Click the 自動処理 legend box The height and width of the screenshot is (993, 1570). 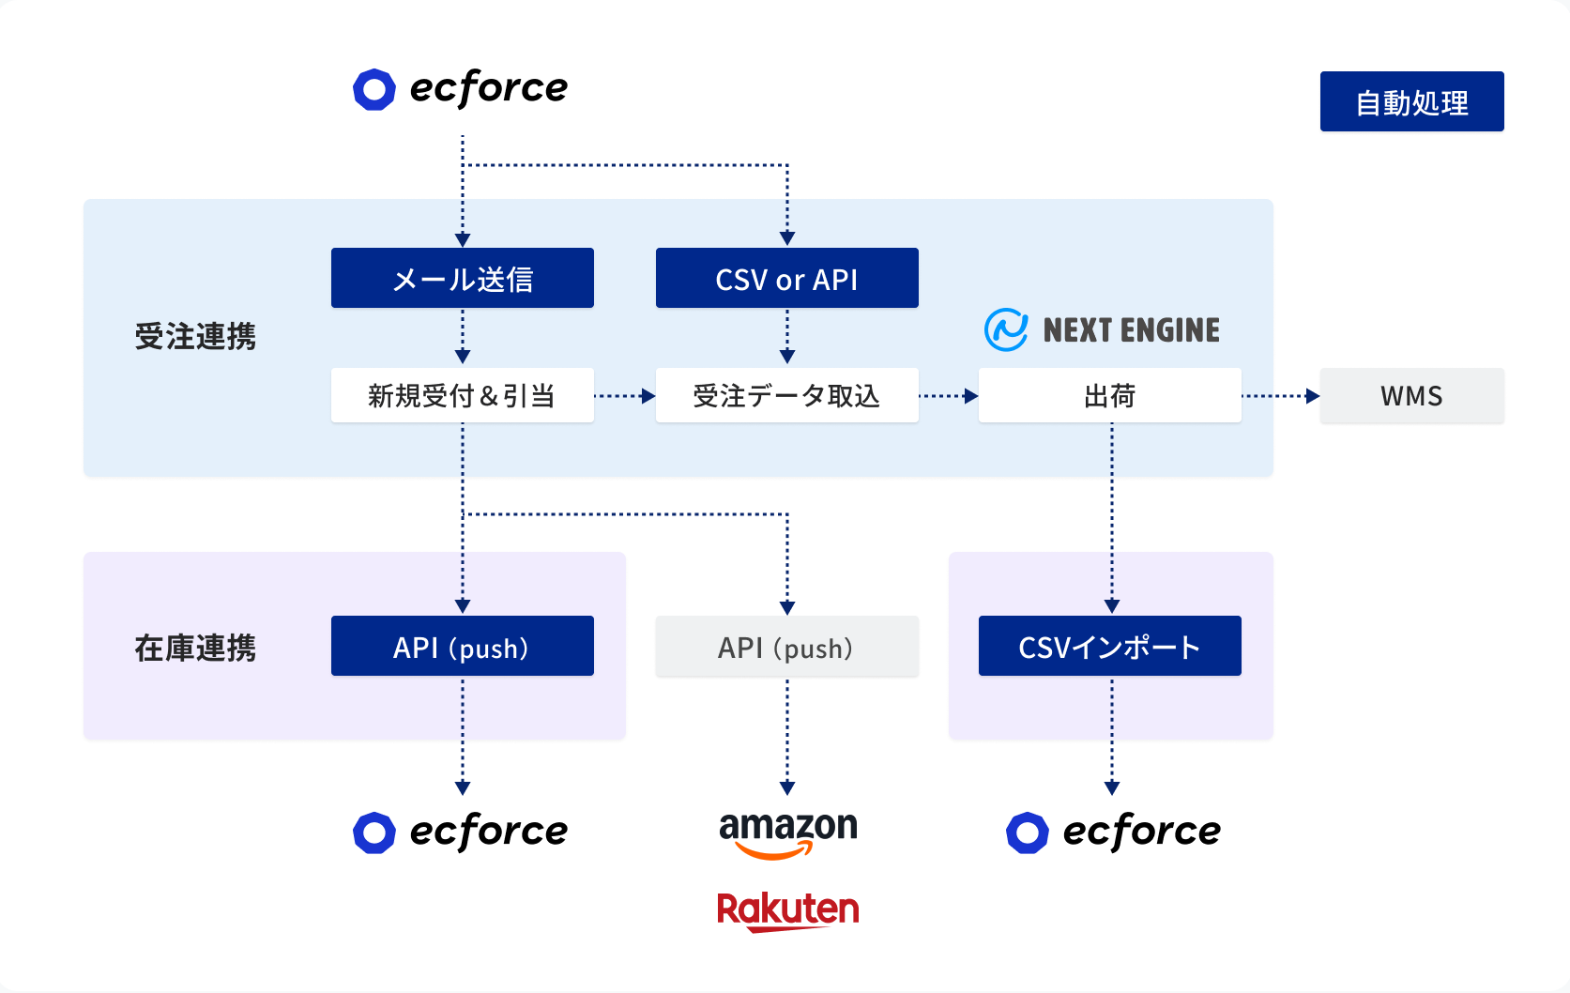[1411, 101]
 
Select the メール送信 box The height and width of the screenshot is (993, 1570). [463, 278]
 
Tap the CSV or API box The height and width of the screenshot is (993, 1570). [787, 278]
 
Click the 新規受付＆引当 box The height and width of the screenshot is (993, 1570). [463, 395]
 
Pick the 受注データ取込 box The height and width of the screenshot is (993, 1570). [787, 395]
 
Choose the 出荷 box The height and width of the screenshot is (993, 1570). [1110, 395]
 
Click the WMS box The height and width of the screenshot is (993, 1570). [1411, 395]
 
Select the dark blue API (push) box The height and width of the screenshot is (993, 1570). [463, 646]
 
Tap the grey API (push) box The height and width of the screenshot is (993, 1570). [787, 646]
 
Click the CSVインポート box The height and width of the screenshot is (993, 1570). [1110, 646]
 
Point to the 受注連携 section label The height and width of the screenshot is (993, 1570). [195, 336]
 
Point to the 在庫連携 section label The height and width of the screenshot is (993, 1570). [195, 649]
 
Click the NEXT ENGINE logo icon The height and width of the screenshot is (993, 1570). [1006, 329]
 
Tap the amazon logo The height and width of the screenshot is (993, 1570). [787, 834]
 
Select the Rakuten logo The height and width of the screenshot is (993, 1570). [787, 911]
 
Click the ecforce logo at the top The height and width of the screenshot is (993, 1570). [461, 89]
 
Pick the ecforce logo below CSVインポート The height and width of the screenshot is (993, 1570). [1114, 833]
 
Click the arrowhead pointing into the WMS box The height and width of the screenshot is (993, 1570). [1313, 396]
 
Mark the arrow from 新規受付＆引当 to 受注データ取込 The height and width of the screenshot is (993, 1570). [624, 396]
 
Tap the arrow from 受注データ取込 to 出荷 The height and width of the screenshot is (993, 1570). [949, 396]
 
